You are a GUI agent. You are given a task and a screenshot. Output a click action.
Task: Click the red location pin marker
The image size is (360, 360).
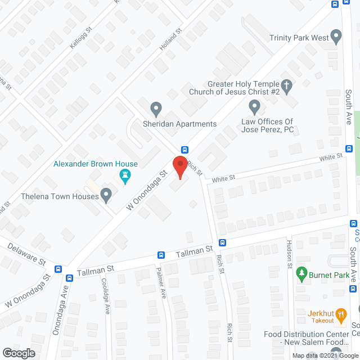pyautogui.click(x=180, y=167)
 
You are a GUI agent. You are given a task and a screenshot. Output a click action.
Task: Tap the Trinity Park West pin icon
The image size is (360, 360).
pyautogui.click(x=336, y=37)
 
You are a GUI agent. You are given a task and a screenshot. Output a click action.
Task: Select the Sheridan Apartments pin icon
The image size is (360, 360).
pyautogui.click(x=156, y=107)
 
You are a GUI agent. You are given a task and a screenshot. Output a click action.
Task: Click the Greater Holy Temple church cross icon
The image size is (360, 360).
pyautogui.click(x=287, y=85)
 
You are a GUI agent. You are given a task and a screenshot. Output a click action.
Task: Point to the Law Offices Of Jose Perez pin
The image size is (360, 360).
pyautogui.click(x=254, y=105)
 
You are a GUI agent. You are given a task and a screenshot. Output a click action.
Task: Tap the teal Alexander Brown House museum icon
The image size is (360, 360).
pyautogui.click(x=125, y=178)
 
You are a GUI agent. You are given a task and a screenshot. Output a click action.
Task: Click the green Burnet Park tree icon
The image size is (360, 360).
pyautogui.click(x=301, y=274)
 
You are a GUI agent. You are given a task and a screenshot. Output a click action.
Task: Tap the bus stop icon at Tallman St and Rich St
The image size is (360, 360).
pyautogui.click(x=223, y=243)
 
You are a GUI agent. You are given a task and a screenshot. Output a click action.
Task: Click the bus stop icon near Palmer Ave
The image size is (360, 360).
pyautogui.click(x=161, y=255)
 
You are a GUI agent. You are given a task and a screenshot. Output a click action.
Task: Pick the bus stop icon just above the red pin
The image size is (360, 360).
pyautogui.click(x=184, y=150)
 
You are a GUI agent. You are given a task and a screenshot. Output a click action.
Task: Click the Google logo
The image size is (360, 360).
pyautogui.click(x=18, y=353)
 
